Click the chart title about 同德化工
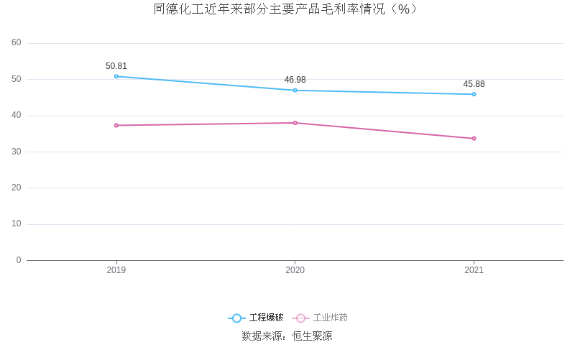click(286, 9)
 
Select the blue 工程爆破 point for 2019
click(116, 76)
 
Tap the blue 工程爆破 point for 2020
click(295, 90)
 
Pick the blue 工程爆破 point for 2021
click(474, 94)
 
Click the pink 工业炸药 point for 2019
click(116, 125)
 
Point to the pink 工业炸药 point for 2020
click(295, 123)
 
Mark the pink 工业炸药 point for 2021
click(474, 138)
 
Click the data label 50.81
click(116, 66)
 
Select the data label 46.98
click(295, 80)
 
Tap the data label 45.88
click(474, 84)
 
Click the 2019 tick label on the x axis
click(116, 270)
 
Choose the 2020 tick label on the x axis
click(295, 270)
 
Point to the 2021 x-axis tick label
click(474, 270)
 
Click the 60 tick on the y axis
click(17, 43)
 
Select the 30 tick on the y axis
click(17, 152)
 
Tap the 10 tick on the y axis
click(17, 224)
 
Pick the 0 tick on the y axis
click(19, 260)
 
